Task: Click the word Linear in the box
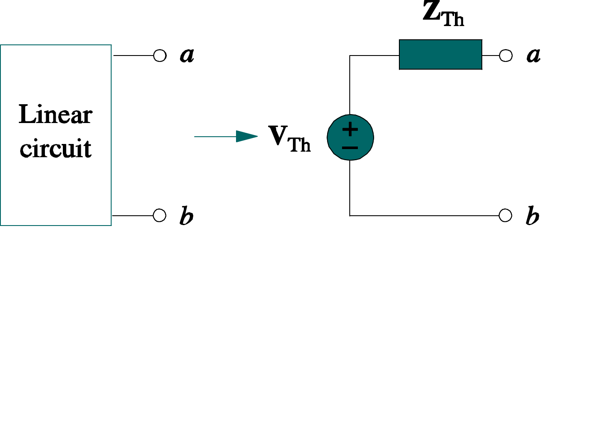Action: [56, 114]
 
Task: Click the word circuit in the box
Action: [56, 148]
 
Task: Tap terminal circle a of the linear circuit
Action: [160, 56]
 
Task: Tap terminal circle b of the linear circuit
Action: [159, 215]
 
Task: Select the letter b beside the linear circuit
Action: [186, 216]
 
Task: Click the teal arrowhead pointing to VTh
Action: [247, 137]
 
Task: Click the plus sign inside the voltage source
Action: [350, 129]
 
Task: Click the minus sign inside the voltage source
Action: [350, 148]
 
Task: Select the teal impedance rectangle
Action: [440, 55]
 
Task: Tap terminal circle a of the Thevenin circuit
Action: [506, 56]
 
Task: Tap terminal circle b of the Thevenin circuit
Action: [505, 215]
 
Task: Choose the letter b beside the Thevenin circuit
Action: [532, 216]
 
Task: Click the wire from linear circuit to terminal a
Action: [133, 56]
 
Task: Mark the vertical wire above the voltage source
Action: [350, 85]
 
